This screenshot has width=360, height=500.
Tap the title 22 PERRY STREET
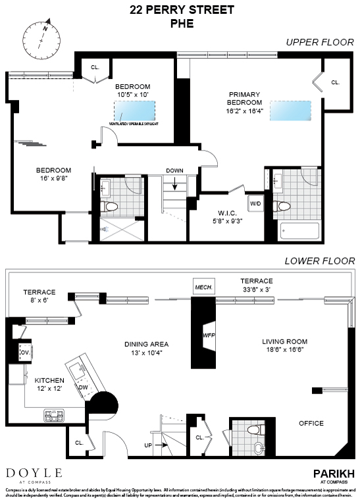pos(179,10)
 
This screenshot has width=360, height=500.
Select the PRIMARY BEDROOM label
pos(245,98)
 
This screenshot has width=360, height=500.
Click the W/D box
pos(255,204)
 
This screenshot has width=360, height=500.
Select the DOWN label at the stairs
pos(174,170)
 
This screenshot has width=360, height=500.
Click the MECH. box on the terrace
pos(201,287)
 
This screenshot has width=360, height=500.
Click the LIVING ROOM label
pos(284,341)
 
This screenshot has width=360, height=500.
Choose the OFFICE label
pos(311,423)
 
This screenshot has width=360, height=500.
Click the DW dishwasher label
pos(82,387)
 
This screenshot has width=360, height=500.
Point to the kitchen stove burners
pos(53,415)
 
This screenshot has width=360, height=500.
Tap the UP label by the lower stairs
pos(149,445)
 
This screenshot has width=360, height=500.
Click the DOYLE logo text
pos(34,472)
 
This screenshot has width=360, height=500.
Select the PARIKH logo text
pos(333,472)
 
